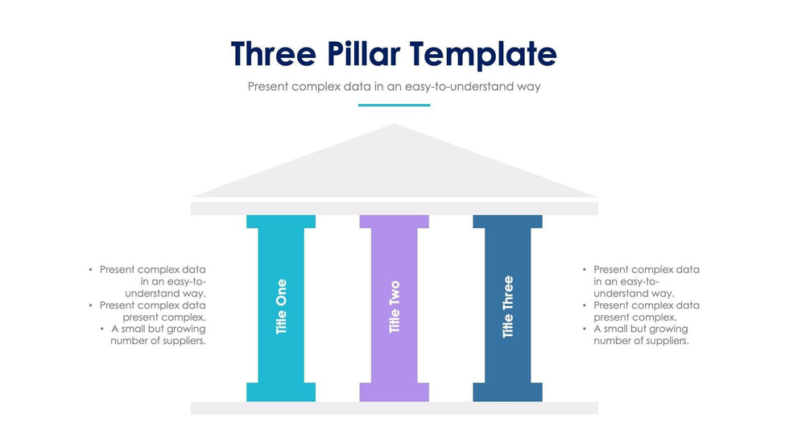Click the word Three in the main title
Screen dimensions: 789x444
click(274, 53)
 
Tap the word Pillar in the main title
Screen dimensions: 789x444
click(363, 53)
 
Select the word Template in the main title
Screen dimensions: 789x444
click(483, 54)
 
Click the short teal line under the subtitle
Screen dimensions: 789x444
click(394, 106)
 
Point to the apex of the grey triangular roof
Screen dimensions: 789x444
click(394, 124)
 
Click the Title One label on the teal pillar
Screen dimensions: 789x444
click(281, 306)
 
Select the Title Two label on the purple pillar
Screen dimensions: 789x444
click(394, 306)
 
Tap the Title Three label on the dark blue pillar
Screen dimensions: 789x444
click(508, 306)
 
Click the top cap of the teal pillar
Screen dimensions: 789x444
click(281, 222)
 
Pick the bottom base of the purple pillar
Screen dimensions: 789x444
click(394, 392)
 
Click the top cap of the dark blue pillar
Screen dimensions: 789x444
click(508, 222)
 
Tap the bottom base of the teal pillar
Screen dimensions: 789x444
click(281, 392)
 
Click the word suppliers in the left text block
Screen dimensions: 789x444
click(184, 342)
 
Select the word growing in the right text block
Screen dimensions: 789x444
click(669, 330)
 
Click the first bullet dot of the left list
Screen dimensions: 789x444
click(90, 270)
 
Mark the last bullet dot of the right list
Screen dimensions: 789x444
click(585, 329)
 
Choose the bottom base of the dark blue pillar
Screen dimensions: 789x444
click(508, 392)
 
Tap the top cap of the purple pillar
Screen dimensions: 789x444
click(394, 222)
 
